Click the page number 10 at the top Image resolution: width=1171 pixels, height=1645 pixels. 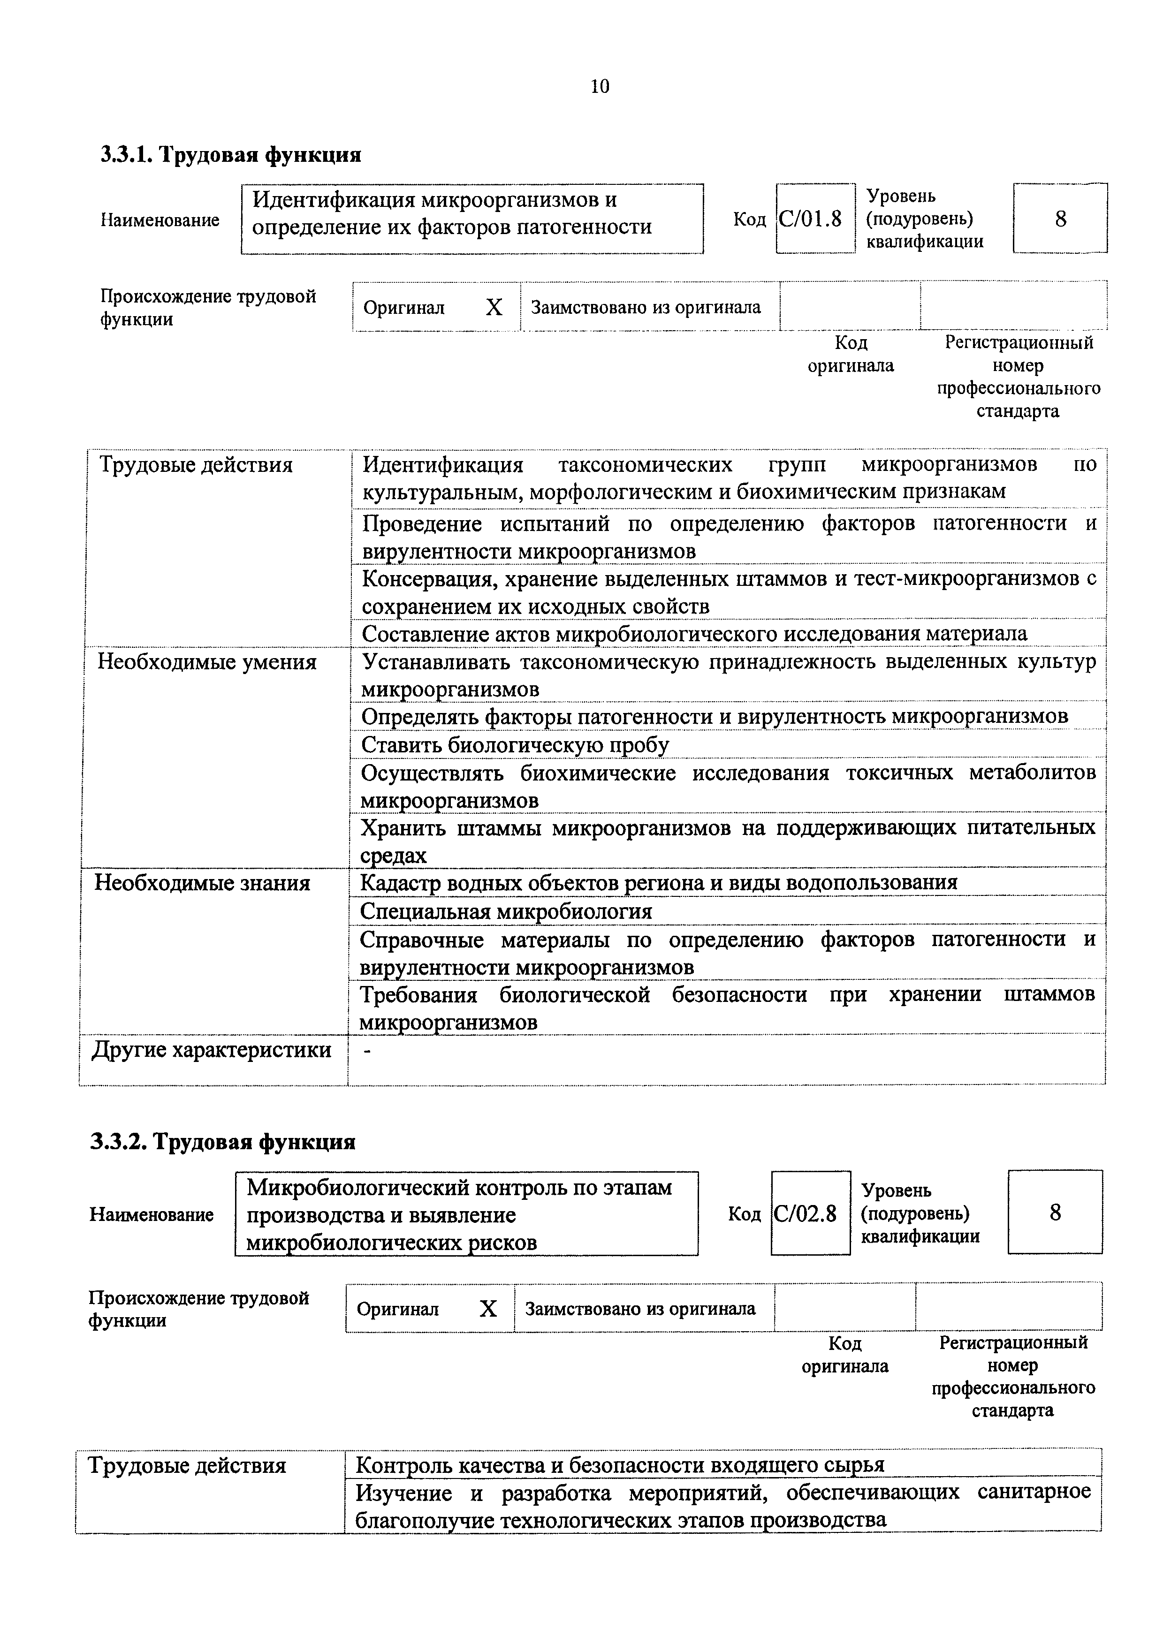coord(599,86)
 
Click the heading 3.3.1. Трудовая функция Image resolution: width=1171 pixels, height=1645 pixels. coord(231,154)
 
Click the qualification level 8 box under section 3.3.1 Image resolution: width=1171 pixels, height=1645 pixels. coord(1060,219)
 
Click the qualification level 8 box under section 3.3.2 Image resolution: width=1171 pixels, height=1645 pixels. coord(1055,1213)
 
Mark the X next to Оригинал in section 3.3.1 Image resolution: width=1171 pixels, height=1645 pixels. coord(494,308)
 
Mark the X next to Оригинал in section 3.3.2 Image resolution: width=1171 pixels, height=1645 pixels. coord(488,1308)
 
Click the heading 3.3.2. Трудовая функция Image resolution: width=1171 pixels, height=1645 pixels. coord(223,1142)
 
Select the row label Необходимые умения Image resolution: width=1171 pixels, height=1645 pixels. coord(207,662)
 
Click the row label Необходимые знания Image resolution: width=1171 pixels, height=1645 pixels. coord(203,883)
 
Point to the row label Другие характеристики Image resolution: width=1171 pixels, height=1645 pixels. coord(211,1050)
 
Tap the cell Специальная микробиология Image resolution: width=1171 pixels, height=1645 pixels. coord(506,911)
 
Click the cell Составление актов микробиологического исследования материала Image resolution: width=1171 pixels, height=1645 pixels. coord(694,634)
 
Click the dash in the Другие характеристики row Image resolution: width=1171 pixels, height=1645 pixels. coord(368,1052)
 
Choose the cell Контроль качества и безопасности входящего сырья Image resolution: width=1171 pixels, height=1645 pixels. coord(620,1465)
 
